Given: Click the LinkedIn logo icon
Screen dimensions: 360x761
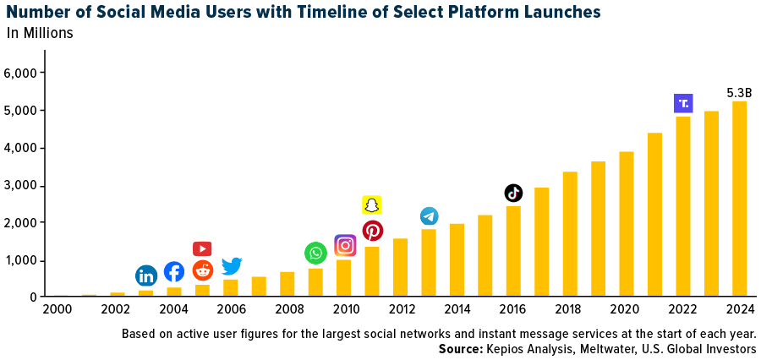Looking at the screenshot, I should (x=146, y=275).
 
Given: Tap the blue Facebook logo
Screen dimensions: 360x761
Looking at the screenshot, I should (x=174, y=272).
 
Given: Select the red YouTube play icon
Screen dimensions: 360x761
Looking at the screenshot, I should (x=202, y=248).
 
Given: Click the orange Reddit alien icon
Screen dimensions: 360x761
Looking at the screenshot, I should (x=203, y=270).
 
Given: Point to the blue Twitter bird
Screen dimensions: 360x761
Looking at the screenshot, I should (x=232, y=266).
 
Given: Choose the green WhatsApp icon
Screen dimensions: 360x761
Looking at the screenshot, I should (x=315, y=253).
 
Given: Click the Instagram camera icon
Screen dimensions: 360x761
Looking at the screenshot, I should (x=345, y=245).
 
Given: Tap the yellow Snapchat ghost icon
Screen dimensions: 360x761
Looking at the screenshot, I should (x=372, y=205).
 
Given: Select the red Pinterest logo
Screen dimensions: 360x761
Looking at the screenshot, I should (x=373, y=231).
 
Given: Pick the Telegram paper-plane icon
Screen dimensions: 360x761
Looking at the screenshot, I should (x=430, y=216).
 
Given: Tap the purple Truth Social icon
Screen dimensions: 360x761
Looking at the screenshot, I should (x=683, y=103).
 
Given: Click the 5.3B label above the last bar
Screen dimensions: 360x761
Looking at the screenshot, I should (x=739, y=93).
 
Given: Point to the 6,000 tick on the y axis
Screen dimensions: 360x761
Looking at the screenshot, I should (x=23, y=74).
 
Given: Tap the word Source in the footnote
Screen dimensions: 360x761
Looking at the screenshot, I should (x=460, y=349).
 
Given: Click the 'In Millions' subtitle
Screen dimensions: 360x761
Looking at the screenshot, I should (x=40, y=34).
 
